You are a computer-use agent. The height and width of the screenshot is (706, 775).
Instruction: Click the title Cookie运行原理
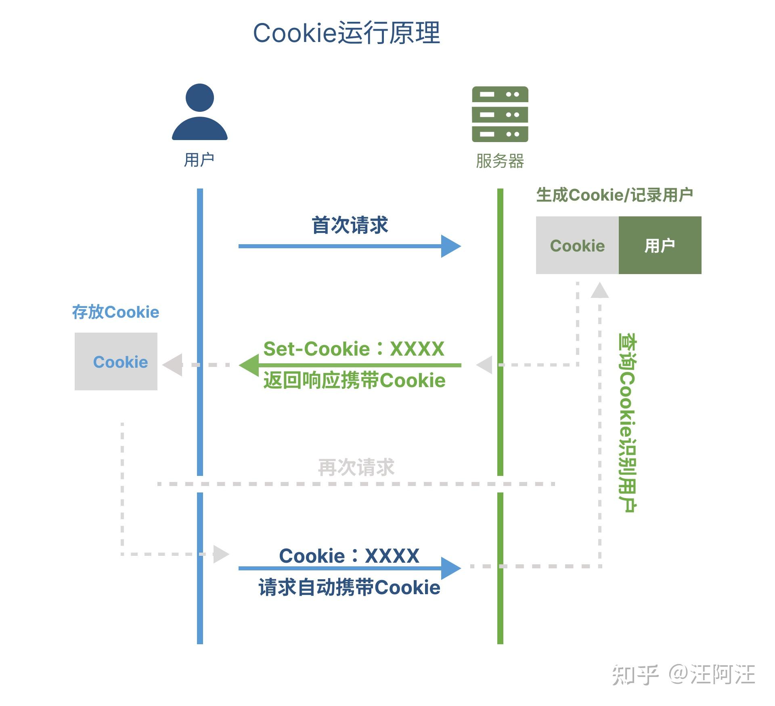tap(346, 33)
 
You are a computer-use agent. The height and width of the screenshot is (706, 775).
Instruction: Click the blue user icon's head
tap(199, 98)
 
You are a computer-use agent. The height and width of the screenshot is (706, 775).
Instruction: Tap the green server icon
tap(500, 114)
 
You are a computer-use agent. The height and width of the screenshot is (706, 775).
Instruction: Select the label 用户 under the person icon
tap(199, 160)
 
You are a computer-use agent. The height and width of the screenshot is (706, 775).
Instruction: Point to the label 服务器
tap(500, 161)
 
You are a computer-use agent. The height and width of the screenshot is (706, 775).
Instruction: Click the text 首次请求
tap(350, 225)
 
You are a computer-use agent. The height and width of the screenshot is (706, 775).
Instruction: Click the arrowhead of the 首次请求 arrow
tap(451, 246)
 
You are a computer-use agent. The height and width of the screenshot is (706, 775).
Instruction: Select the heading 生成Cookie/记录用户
tap(614, 195)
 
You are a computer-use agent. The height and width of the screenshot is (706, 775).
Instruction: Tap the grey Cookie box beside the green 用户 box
tap(577, 245)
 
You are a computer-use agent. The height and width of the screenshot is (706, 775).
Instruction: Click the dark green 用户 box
tap(660, 245)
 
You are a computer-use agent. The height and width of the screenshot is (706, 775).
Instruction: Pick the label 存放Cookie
tap(115, 312)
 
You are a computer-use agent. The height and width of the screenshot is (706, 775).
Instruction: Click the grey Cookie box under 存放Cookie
tap(116, 362)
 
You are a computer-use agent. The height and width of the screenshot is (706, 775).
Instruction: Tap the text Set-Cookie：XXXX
tap(354, 349)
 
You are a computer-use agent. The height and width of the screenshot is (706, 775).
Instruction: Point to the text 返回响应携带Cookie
tap(354, 381)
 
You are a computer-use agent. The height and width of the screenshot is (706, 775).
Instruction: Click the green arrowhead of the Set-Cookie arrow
tap(248, 365)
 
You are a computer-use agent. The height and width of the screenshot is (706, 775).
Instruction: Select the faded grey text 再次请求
tap(356, 467)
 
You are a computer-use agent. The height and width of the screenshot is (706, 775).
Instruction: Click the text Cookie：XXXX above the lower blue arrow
tap(349, 556)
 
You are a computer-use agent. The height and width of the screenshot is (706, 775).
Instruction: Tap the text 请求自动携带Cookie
tap(349, 587)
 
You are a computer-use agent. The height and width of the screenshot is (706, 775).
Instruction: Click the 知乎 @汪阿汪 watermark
tap(683, 675)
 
